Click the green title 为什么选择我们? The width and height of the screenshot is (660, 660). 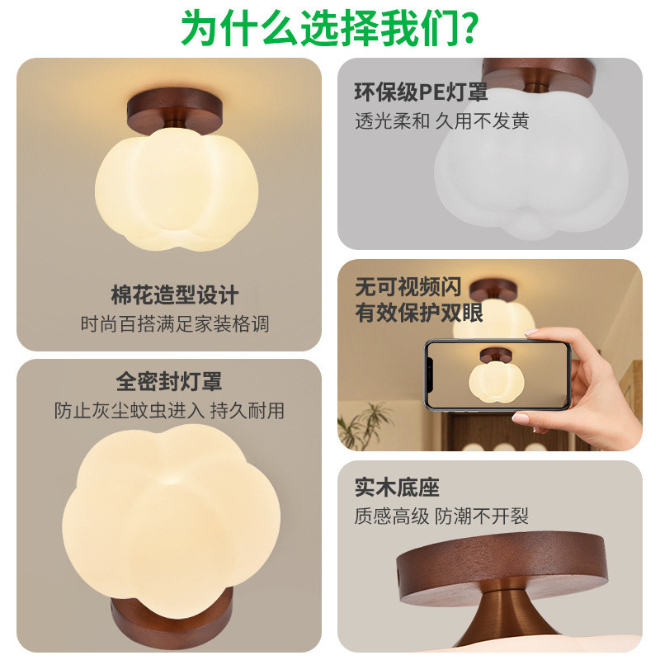point(330,28)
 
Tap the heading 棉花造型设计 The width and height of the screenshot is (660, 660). point(175,295)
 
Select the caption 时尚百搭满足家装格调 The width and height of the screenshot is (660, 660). point(175,324)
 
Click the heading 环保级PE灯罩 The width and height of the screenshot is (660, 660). point(421,92)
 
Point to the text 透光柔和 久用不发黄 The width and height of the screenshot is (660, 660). point(441,121)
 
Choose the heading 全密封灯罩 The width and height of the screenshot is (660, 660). point(169,381)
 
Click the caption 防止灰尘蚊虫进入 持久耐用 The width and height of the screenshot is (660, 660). point(169,410)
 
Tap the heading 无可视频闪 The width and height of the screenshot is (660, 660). point(408,286)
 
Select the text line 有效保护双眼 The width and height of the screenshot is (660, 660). point(419,313)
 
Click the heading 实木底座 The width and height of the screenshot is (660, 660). point(397,488)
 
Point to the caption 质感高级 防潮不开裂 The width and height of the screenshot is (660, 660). point(441,516)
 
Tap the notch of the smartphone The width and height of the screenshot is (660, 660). point(429,375)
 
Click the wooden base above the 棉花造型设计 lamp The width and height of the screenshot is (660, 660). point(175,111)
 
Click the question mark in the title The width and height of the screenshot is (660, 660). point(468,28)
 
